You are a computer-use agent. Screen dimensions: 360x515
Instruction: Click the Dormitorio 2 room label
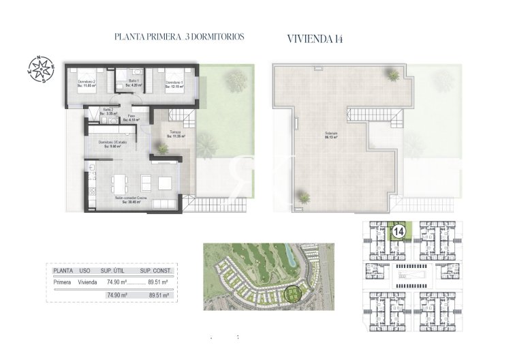86,84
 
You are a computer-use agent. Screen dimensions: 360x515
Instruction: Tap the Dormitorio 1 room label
176,84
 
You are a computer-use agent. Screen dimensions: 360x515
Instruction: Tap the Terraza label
176,134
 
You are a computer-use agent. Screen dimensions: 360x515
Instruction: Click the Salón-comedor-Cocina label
132,200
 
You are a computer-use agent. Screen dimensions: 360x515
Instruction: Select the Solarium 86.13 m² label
332,135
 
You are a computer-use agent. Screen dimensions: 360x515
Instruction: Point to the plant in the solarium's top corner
394,74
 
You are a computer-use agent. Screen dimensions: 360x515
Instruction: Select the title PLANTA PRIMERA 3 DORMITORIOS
180,37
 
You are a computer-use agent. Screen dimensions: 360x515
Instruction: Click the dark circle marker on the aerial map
294,294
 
